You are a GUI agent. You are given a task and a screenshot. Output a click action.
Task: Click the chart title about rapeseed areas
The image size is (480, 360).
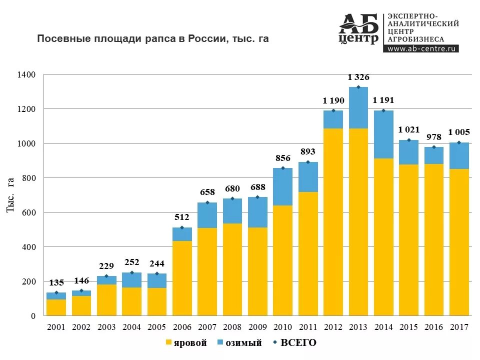pos(153,38)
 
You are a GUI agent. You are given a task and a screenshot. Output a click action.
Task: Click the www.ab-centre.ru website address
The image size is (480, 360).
pos(421,49)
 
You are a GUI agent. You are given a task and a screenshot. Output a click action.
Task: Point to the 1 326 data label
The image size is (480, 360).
pos(358,77)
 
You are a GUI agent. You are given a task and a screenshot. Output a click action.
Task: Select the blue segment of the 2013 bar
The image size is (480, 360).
pos(358,107)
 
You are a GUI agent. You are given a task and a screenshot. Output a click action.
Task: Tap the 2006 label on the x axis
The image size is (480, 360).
pos(182,327)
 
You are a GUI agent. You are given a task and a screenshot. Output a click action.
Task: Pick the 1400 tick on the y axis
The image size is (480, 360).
pos(27,74)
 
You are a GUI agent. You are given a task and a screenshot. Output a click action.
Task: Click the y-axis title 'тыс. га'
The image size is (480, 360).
pos(10,195)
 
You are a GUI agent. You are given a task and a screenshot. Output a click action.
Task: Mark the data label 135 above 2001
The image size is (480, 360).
pos(56,282)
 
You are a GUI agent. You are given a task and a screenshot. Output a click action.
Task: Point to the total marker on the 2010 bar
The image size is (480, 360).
pos(282,168)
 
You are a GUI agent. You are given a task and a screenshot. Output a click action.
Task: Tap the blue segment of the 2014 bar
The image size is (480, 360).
pos(383,134)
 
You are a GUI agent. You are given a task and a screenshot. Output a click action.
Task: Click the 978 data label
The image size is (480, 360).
pos(433,137)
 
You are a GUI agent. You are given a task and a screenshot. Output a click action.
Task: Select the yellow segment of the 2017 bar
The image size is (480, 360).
pos(459,242)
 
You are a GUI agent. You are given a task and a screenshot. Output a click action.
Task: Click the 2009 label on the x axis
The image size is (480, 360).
pos(257,327)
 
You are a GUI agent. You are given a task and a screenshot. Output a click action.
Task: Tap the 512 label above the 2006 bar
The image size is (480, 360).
pos(182,217)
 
